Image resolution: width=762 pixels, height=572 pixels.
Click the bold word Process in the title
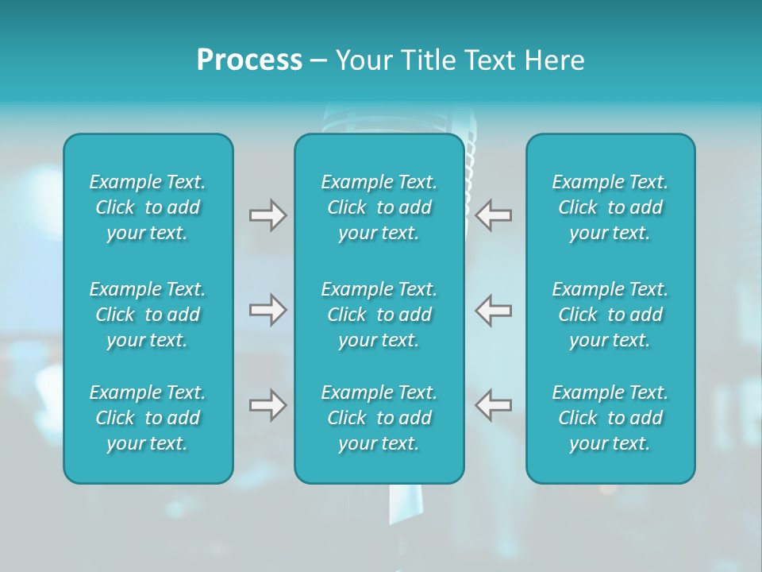click(x=249, y=60)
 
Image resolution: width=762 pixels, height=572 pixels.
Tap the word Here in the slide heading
click(x=555, y=60)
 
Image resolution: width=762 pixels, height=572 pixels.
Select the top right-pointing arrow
click(x=267, y=215)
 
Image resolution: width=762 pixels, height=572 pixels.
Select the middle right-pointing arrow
click(x=267, y=310)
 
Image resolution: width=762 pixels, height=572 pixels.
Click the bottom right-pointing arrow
click(x=267, y=405)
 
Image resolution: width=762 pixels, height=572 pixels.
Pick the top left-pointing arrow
click(x=493, y=215)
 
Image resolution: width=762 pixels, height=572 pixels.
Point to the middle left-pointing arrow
click(x=493, y=310)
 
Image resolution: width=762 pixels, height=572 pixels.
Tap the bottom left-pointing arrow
click(x=493, y=405)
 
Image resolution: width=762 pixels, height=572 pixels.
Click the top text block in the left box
click(x=148, y=207)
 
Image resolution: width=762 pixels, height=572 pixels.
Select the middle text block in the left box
click(x=148, y=315)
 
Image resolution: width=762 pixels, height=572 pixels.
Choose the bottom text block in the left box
click(x=148, y=418)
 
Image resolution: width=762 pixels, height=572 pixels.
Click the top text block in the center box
click(x=379, y=207)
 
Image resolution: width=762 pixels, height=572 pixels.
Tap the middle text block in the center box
click(x=379, y=315)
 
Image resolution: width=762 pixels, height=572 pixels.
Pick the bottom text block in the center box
click(x=379, y=418)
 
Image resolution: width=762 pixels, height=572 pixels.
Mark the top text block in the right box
click(x=610, y=207)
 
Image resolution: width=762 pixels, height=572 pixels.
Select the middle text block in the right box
click(x=610, y=315)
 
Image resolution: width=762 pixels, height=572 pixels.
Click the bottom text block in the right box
click(x=610, y=418)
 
